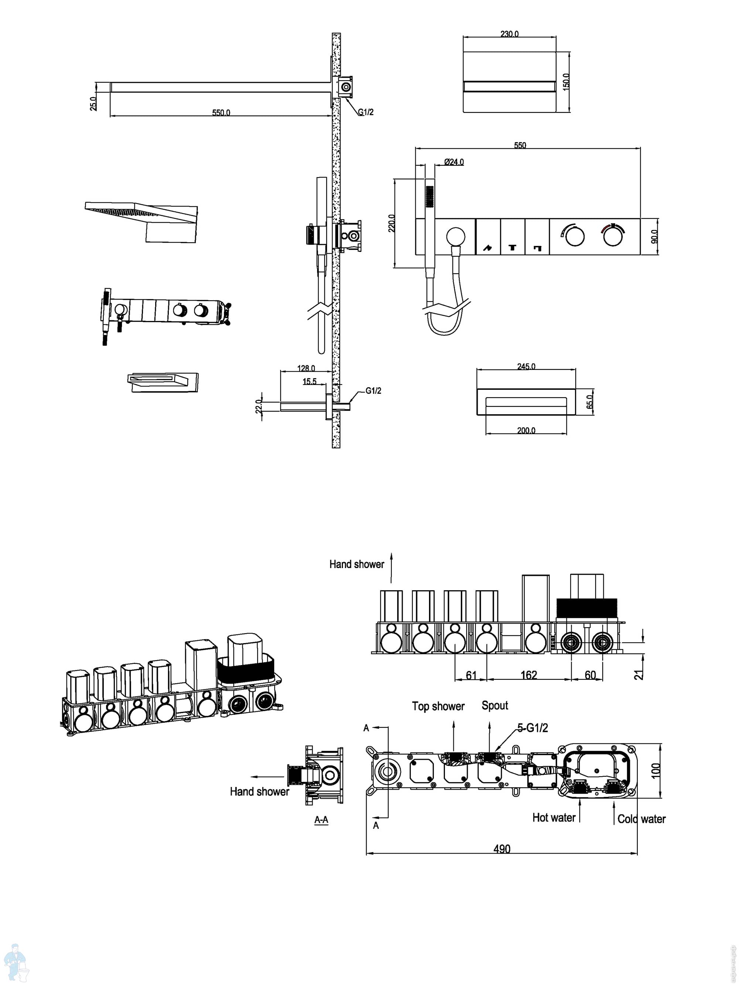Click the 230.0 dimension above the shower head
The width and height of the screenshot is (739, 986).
click(x=509, y=34)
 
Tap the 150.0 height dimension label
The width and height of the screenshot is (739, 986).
click(x=566, y=82)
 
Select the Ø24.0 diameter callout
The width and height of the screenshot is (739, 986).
click(x=454, y=162)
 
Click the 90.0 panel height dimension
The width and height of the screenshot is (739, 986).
click(x=654, y=236)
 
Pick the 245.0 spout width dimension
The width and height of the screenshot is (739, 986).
click(x=526, y=367)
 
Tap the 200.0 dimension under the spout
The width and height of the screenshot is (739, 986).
click(x=526, y=430)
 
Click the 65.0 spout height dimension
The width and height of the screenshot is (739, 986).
click(x=590, y=402)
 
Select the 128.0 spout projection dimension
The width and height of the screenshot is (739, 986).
click(x=306, y=368)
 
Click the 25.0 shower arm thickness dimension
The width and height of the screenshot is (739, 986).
click(x=93, y=104)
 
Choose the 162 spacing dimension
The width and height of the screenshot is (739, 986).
click(x=529, y=675)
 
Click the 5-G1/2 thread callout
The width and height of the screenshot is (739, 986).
click(x=532, y=728)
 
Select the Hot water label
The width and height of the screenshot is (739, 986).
click(x=554, y=817)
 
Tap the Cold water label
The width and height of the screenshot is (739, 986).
click(x=641, y=818)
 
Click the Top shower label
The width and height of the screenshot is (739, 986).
click(x=438, y=706)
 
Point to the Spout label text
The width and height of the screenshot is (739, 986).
click(x=495, y=705)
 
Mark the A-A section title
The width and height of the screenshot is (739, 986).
click(x=321, y=819)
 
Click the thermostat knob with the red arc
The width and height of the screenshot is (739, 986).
click(x=613, y=236)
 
